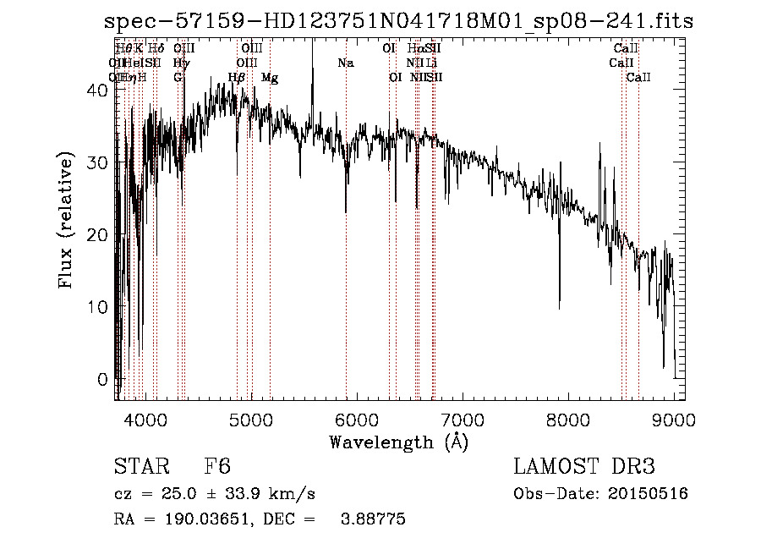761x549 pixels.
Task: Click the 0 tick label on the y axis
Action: click(x=104, y=379)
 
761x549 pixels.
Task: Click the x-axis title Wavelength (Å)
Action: click(x=398, y=442)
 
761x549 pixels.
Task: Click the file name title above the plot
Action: click(x=398, y=22)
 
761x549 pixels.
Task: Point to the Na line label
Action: click(x=345, y=63)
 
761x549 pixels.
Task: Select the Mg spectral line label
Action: click(x=270, y=78)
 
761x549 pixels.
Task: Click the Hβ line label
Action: click(x=237, y=78)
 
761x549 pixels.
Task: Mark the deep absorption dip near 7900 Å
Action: click(x=559, y=300)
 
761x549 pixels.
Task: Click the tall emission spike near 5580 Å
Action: click(x=313, y=51)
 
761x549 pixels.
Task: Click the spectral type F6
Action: click(x=217, y=468)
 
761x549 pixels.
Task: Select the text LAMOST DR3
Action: click(x=583, y=468)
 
